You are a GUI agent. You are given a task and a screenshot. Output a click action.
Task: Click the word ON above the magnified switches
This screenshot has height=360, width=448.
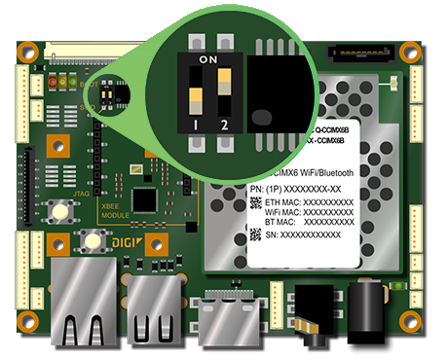pyautogui.click(x=207, y=60)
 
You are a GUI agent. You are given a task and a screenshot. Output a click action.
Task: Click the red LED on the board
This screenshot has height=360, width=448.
pyautogui.click(x=52, y=82)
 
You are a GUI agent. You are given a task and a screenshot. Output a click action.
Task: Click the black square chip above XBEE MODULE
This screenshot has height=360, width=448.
pyautogui.click(x=145, y=198)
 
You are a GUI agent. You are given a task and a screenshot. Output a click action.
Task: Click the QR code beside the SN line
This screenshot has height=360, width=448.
pyautogui.click(x=255, y=234)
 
